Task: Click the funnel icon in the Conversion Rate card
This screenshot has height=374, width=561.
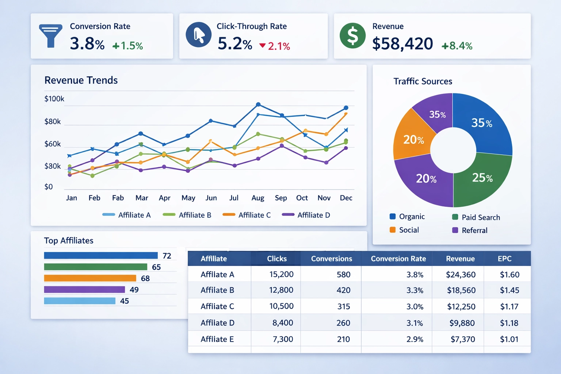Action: point(50,36)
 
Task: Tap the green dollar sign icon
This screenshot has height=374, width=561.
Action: point(352,36)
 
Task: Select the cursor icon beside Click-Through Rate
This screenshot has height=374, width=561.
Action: point(199,35)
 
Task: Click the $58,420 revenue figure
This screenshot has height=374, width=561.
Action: point(402,44)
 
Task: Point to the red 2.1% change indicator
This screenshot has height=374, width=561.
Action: point(275,46)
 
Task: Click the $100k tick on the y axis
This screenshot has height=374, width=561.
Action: point(54,99)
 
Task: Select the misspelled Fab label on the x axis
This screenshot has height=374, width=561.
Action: point(118,198)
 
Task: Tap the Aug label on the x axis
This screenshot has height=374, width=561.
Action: point(258,198)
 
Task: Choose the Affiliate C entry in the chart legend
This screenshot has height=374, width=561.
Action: point(247,215)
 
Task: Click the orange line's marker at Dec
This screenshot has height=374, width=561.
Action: point(346,114)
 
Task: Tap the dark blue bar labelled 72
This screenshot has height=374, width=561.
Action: point(101,256)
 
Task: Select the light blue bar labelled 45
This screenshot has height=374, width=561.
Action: point(80,301)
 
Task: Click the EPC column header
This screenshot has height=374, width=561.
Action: point(504,259)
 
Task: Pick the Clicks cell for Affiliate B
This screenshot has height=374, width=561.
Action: point(281,290)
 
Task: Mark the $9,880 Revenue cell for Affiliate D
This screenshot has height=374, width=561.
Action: point(462,323)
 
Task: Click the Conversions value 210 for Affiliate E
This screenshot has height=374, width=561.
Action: point(343,339)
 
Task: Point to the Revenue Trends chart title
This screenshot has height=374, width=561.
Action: point(81,80)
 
